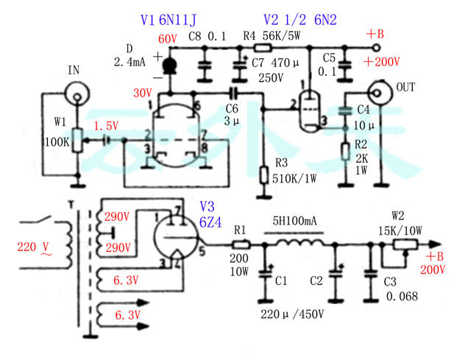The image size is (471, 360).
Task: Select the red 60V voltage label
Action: pyautogui.click(x=168, y=38)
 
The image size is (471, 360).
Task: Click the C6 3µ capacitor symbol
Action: pyautogui.click(x=233, y=93)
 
